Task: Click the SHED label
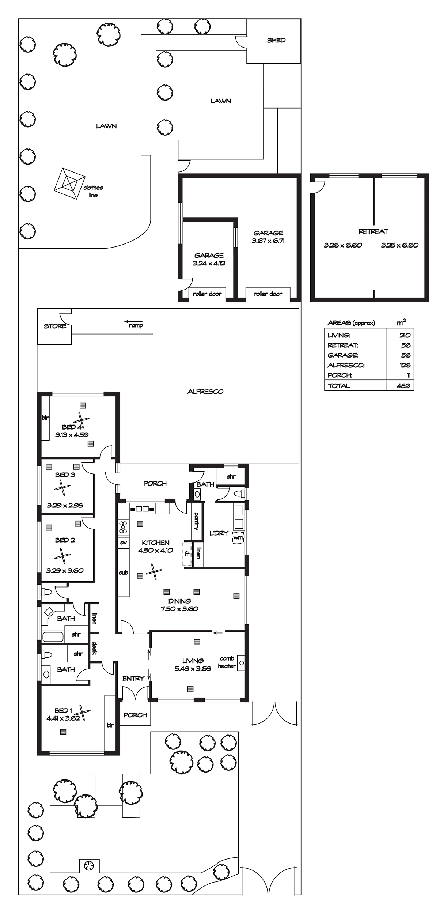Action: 276,40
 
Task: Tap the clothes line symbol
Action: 68,184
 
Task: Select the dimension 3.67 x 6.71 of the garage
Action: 268,241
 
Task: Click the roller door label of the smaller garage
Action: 207,294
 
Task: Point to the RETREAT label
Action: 373,231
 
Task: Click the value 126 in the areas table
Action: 405,365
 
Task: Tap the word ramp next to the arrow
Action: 136,326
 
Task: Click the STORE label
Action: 55,326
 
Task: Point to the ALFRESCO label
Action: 205,392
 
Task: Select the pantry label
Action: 196,521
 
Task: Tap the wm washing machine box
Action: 238,538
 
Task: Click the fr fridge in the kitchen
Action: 187,554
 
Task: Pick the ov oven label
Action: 123,543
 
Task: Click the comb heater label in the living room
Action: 227,662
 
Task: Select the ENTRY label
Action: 133,678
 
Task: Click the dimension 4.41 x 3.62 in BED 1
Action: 63,718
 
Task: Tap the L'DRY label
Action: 219,533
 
